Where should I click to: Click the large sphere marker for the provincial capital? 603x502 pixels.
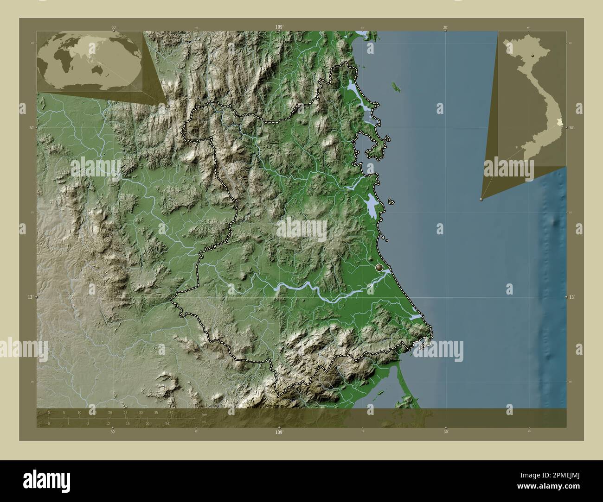click(x=379, y=267)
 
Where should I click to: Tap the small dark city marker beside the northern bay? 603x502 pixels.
click(x=353, y=141)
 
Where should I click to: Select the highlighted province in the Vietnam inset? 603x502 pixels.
click(x=559, y=122)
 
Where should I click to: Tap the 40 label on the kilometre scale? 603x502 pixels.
click(x=172, y=412)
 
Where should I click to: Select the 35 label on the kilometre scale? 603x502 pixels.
click(x=156, y=412)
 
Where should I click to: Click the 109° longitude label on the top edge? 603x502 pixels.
click(x=279, y=27)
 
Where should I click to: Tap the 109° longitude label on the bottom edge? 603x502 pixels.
click(x=278, y=432)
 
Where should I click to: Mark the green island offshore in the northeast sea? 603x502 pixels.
click(x=396, y=87)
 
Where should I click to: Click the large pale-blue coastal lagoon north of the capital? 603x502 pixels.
click(x=371, y=204)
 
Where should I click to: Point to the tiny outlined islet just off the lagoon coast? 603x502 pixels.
click(x=391, y=202)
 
